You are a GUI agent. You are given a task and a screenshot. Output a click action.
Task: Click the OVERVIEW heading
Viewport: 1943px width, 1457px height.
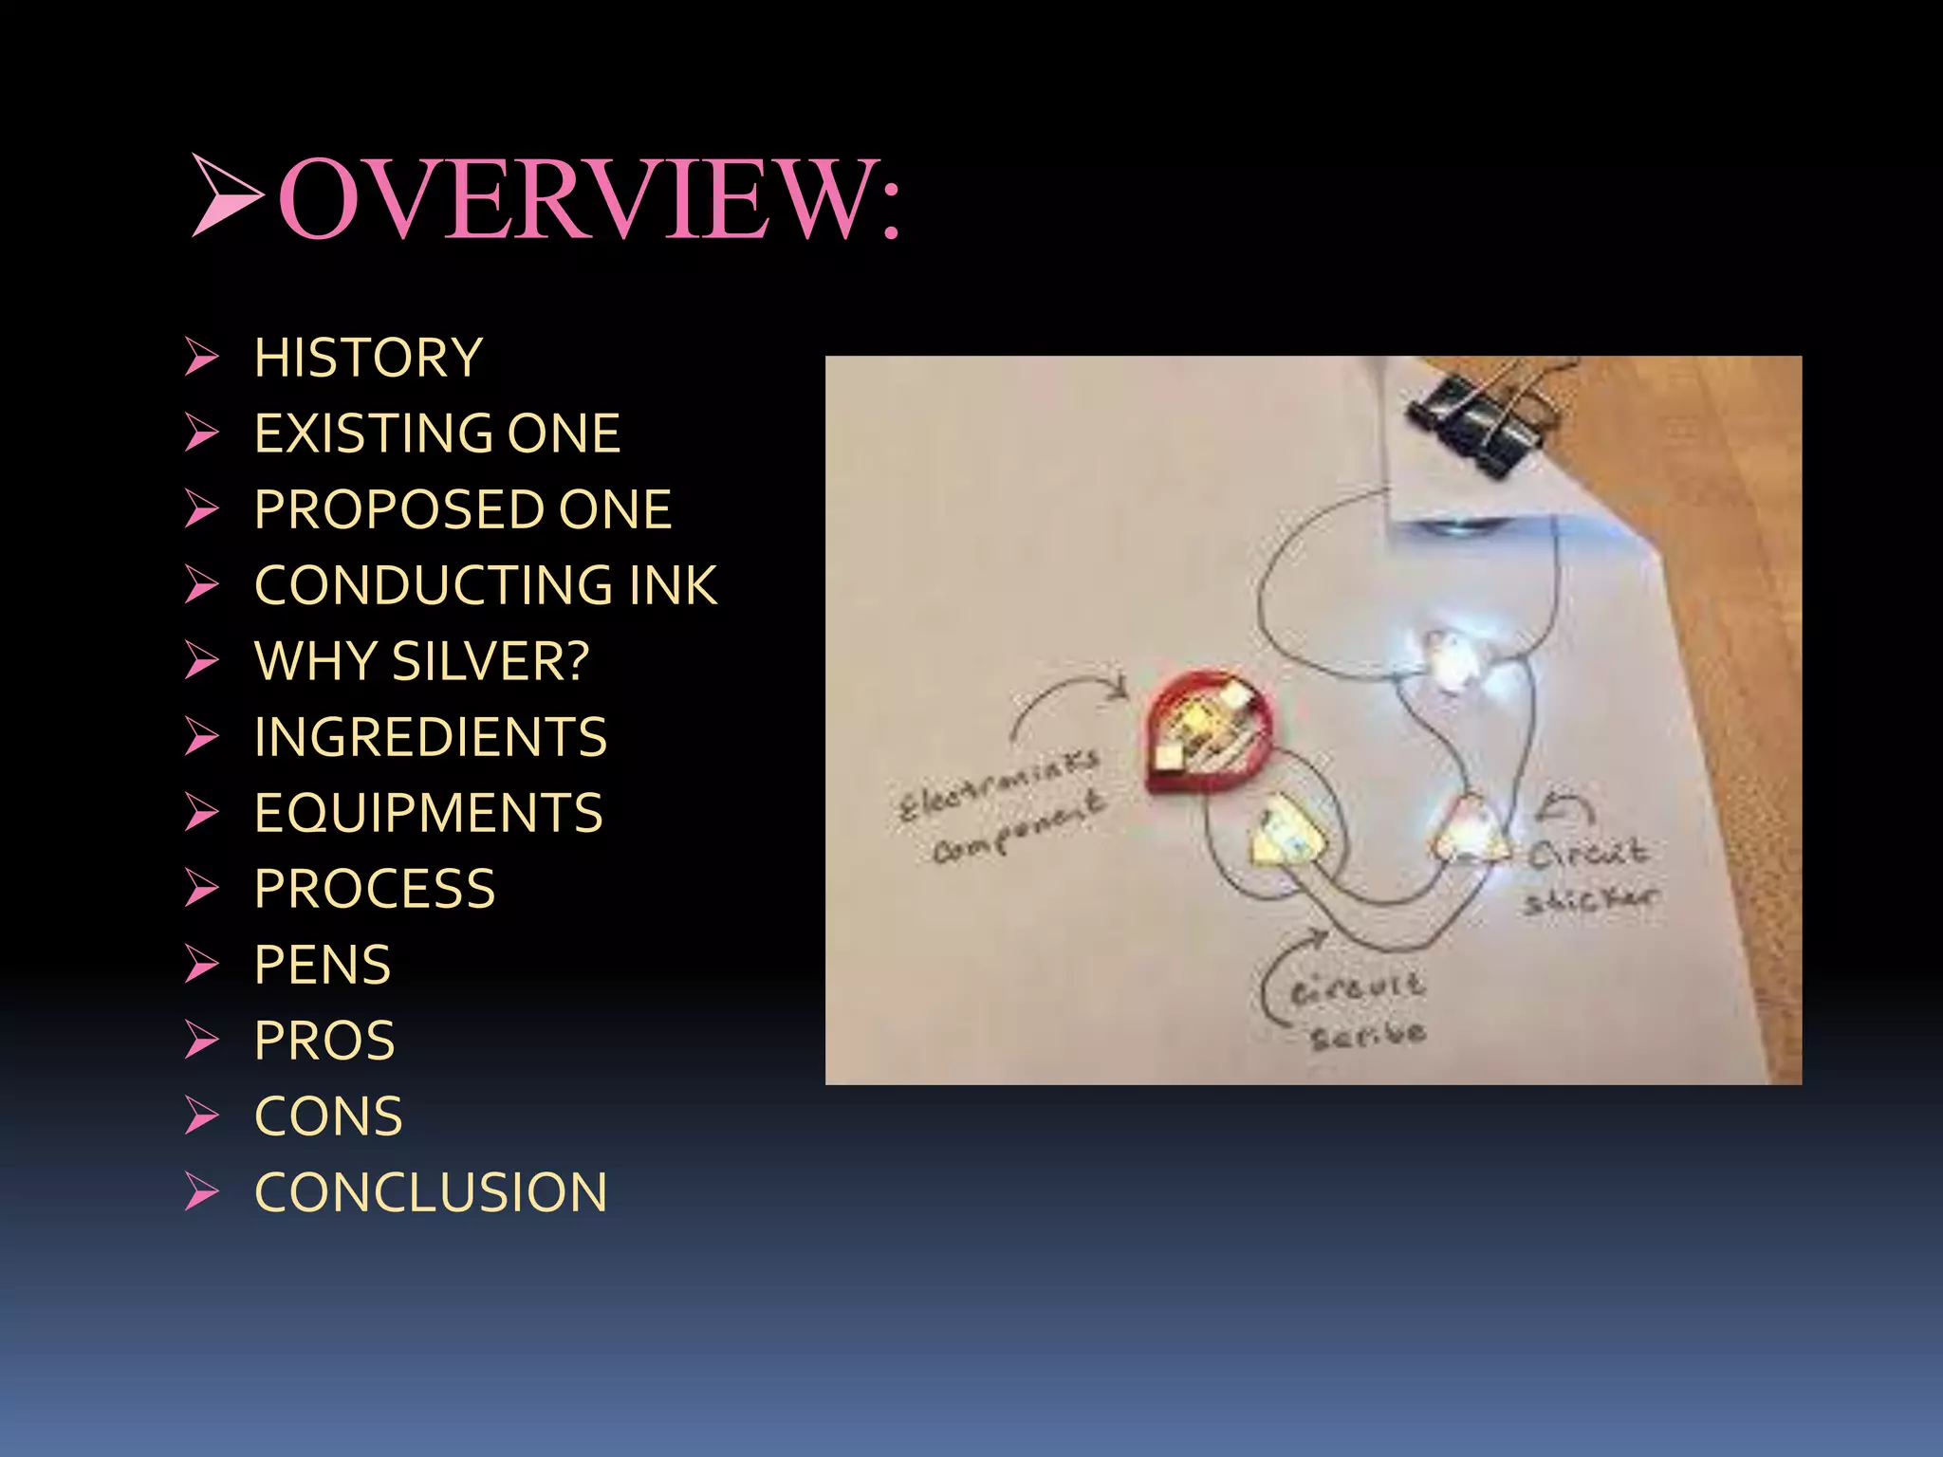(588, 199)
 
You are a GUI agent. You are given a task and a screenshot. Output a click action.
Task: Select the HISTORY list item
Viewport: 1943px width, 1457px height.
(368, 359)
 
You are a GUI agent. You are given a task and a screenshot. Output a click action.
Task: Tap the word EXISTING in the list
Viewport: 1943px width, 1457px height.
(371, 434)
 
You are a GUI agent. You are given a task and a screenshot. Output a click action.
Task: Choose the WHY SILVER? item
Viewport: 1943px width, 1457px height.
(421, 662)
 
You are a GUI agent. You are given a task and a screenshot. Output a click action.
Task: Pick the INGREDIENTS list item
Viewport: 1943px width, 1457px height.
(430, 738)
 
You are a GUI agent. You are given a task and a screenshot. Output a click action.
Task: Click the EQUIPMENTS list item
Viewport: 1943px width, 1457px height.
(428, 814)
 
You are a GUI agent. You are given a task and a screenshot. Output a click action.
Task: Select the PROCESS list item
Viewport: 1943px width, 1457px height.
(375, 890)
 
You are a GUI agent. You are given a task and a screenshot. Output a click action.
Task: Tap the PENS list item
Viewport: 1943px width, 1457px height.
(323, 966)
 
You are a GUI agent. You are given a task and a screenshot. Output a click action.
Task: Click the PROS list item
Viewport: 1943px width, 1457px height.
(324, 1042)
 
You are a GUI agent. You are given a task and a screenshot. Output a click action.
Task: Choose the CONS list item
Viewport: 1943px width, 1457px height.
(328, 1117)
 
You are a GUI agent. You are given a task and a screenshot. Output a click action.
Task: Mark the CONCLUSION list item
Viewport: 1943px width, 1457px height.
(431, 1193)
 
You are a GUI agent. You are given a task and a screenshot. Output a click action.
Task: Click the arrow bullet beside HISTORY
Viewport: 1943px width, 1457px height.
(201, 358)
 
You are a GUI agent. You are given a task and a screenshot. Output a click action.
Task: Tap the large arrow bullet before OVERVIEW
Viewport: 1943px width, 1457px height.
(226, 195)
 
